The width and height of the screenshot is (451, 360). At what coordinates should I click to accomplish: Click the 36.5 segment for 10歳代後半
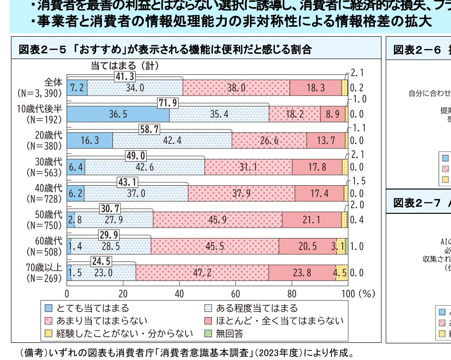(x=118, y=115)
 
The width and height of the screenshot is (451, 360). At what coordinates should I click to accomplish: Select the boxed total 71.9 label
(x=169, y=103)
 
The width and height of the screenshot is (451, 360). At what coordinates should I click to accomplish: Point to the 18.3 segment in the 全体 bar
(x=315, y=88)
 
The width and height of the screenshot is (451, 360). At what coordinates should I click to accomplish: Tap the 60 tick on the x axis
(x=235, y=294)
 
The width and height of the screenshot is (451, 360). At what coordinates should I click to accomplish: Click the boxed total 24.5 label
(x=101, y=261)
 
